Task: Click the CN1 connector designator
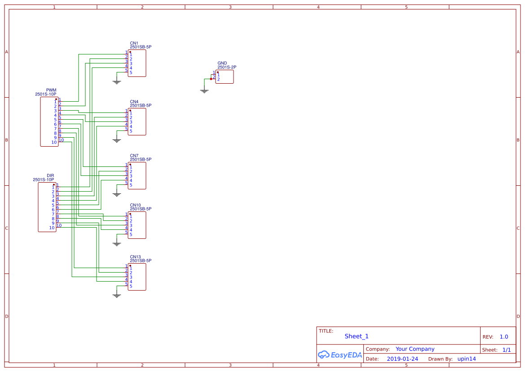click(x=134, y=43)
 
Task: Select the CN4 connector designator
click(x=134, y=102)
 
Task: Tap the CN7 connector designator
click(x=134, y=156)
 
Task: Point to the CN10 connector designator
click(x=135, y=205)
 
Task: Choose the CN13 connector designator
click(x=135, y=257)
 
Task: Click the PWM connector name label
click(x=51, y=90)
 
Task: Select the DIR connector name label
click(x=50, y=176)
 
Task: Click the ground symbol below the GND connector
click(x=204, y=91)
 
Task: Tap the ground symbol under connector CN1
click(x=117, y=81)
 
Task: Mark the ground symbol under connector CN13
click(x=117, y=295)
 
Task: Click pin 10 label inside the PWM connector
click(x=54, y=142)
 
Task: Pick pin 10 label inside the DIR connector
click(x=52, y=228)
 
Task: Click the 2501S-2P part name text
click(x=227, y=67)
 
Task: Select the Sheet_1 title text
click(x=357, y=336)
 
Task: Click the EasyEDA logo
click(x=340, y=354)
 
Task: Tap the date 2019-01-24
click(x=402, y=359)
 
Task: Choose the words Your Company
click(x=415, y=349)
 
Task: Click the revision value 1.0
click(x=503, y=337)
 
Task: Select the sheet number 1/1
click(x=506, y=350)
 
